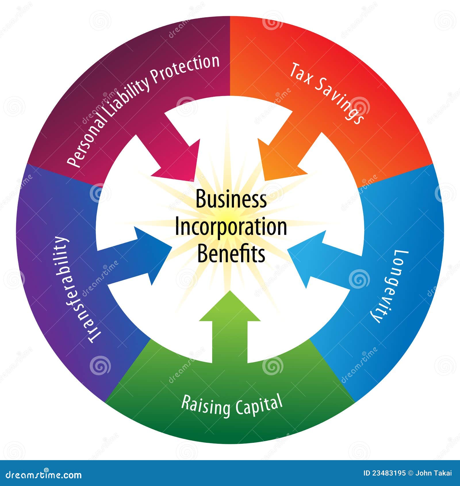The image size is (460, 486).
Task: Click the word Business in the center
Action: [x=231, y=199]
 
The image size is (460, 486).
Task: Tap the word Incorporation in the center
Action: [x=231, y=227]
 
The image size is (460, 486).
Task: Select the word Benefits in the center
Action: [x=231, y=253]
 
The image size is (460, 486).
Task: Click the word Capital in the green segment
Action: [x=259, y=405]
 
